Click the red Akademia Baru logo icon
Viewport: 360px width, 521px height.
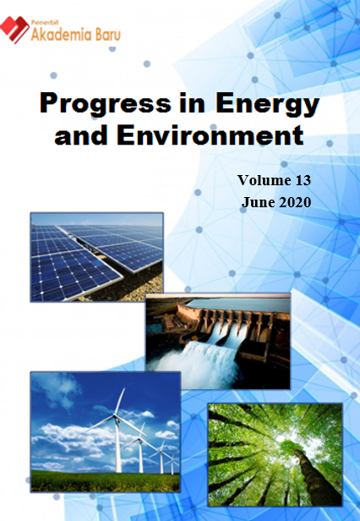pyautogui.click(x=14, y=30)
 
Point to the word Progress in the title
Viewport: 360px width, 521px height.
pyautogui.click(x=106, y=105)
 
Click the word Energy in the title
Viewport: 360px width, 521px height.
pyautogui.click(x=267, y=105)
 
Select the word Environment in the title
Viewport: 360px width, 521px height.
pyautogui.click(x=210, y=135)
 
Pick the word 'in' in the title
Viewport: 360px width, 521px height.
pyautogui.click(x=194, y=103)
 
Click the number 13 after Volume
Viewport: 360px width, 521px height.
pyautogui.click(x=302, y=180)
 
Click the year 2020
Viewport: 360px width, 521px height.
pyautogui.click(x=295, y=202)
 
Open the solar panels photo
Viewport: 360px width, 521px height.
pyautogui.click(x=96, y=257)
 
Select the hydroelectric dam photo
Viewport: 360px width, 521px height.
pyautogui.click(x=218, y=341)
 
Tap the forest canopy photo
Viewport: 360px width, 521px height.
pyautogui.click(x=275, y=455)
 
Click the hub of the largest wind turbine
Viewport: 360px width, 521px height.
pyautogui.click(x=116, y=415)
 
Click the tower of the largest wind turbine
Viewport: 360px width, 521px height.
pyautogui.click(x=117, y=445)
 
